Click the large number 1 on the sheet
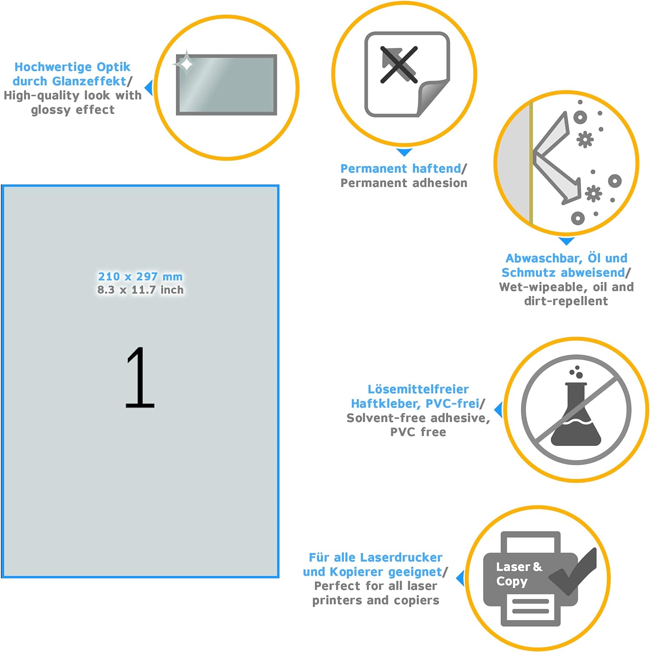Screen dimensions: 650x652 tap(140, 377)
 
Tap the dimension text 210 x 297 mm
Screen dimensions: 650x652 tap(140, 276)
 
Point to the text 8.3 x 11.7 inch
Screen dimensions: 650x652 tap(140, 290)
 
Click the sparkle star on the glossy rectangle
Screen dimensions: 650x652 tap(186, 64)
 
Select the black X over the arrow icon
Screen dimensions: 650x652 tap(399, 64)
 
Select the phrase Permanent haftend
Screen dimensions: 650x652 tap(400, 168)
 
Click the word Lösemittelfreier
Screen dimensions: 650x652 tap(418, 389)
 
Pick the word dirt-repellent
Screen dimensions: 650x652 tap(566, 301)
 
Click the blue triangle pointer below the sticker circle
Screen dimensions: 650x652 tap(404, 152)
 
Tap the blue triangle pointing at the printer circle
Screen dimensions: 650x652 tap(460, 578)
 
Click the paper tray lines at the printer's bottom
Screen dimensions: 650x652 tap(531, 606)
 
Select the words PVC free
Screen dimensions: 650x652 tap(418, 432)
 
